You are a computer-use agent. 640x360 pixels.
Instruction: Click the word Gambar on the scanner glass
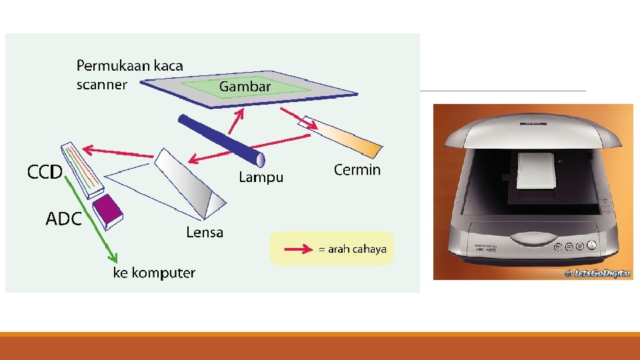tap(245, 87)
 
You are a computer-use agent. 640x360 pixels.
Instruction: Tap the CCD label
tap(45, 172)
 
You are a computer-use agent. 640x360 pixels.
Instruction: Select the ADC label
tap(63, 219)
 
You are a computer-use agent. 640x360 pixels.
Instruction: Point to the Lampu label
tap(261, 177)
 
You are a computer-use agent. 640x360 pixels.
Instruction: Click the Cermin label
tap(357, 170)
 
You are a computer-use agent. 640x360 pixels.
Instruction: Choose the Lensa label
tap(205, 233)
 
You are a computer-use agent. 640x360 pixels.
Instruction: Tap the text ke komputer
tap(153, 273)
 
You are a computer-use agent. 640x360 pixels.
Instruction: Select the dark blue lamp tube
tap(220, 140)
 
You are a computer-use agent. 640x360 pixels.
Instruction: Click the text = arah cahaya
tap(353, 249)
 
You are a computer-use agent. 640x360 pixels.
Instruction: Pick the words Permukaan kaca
tap(129, 66)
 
